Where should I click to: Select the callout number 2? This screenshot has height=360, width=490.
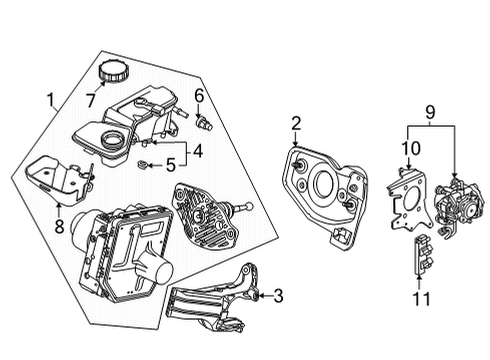[297, 123]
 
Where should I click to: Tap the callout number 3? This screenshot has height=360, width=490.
[278, 296]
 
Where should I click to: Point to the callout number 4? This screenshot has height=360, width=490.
[199, 151]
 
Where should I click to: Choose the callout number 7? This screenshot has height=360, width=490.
[91, 101]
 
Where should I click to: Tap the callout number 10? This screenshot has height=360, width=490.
[409, 148]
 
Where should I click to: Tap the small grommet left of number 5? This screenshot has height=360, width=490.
[146, 162]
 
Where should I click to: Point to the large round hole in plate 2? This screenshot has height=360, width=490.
[324, 186]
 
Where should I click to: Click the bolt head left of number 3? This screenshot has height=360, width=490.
[260, 295]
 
